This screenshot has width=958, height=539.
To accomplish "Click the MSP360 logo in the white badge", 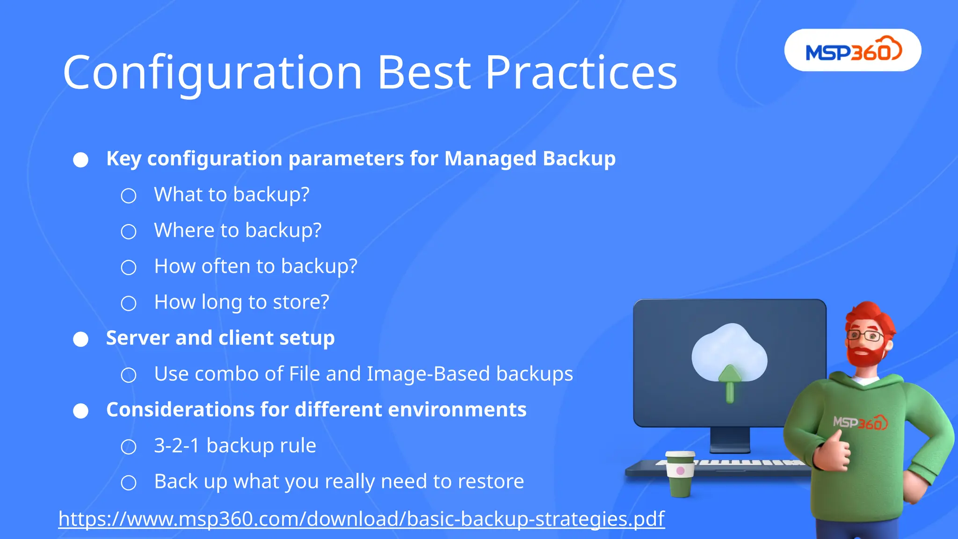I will coord(853,51).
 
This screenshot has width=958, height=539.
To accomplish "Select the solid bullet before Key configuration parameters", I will coord(80,160).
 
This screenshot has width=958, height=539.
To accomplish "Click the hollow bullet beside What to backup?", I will coord(129,196).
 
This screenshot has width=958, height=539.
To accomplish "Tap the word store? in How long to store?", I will coord(301,302).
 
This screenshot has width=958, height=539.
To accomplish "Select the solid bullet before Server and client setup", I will coord(80,339).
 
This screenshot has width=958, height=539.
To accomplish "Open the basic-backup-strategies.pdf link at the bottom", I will coord(361,519).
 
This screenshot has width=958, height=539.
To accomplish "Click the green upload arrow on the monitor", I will coord(730,384).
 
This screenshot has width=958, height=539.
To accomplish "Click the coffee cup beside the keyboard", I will coord(680,473).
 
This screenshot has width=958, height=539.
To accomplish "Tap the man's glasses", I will coord(865,335).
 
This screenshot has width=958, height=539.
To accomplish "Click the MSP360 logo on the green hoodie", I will coord(860,422).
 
